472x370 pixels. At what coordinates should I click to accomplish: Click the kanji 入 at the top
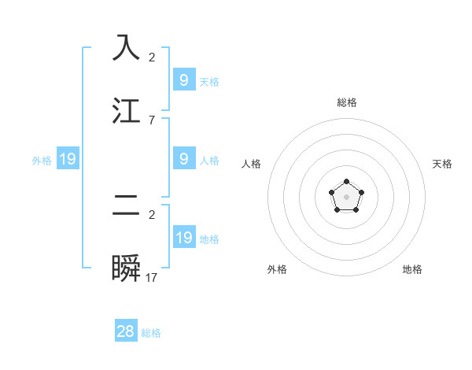click(126, 48)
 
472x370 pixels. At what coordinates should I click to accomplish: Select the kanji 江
click(126, 111)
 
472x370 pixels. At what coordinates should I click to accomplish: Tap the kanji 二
click(126, 205)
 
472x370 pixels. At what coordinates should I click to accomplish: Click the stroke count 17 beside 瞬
click(152, 277)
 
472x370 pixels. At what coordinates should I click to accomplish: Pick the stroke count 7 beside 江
click(152, 120)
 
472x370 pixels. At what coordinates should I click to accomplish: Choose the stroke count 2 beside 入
click(152, 57)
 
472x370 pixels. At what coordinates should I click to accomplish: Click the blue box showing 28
click(126, 331)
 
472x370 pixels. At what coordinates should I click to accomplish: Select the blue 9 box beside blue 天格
click(184, 80)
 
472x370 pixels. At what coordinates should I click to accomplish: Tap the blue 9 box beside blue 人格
click(184, 159)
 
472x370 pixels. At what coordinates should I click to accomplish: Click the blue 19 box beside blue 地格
click(184, 238)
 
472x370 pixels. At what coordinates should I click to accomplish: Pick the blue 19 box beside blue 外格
click(68, 159)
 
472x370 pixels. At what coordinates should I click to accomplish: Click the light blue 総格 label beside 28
click(151, 333)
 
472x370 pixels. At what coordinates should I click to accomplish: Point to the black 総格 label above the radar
click(346, 102)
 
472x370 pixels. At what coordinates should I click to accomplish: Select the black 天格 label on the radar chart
click(442, 164)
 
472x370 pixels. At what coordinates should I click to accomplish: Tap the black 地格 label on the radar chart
click(412, 269)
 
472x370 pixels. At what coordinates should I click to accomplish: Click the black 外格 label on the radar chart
click(277, 269)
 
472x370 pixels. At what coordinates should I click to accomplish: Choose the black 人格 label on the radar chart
click(252, 164)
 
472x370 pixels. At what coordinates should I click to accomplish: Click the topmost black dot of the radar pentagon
click(346, 183)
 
